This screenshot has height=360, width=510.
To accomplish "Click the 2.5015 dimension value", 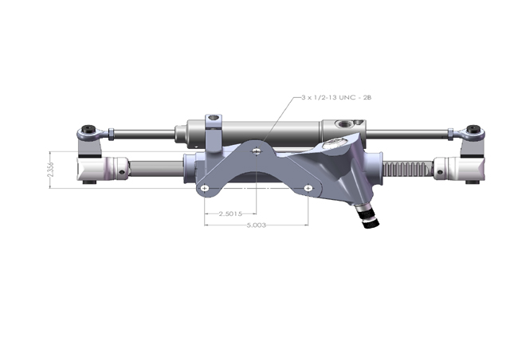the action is (x=230, y=213).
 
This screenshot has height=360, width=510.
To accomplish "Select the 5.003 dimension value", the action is (x=257, y=225).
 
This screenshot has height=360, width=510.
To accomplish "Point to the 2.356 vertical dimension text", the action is (x=50, y=170).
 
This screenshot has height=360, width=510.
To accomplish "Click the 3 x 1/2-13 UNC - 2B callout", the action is (x=336, y=97).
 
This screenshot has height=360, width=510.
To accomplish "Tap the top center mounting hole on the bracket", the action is (x=257, y=151).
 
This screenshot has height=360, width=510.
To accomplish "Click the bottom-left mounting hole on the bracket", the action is (x=204, y=188).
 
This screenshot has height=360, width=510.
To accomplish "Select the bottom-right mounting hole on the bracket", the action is (x=308, y=188).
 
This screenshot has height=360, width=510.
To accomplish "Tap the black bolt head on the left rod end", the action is (x=88, y=129).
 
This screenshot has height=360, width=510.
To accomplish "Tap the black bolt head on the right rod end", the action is (x=473, y=129).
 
